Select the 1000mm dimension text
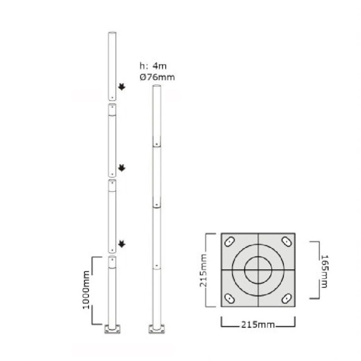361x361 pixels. click(87, 290)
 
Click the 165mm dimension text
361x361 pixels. click(325, 270)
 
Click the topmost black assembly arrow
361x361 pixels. click(121, 87)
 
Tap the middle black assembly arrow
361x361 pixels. click(121, 168)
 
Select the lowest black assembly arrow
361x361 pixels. click(121, 244)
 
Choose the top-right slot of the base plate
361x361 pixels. click(287, 241)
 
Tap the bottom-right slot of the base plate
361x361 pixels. click(287, 298)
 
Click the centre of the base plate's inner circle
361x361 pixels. click(258, 270)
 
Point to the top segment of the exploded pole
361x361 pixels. click(112, 65)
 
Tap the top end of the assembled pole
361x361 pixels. click(157, 87)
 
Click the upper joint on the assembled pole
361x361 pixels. click(157, 144)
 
